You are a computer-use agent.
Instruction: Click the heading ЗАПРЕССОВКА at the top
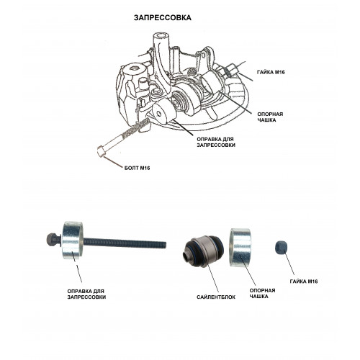tap(163, 18)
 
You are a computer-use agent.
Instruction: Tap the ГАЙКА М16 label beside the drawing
tap(271, 72)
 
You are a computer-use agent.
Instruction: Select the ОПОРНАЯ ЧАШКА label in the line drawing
tap(270, 117)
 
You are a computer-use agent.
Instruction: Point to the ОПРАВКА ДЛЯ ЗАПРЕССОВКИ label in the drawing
tap(216, 142)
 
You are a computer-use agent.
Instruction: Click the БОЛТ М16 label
tap(137, 168)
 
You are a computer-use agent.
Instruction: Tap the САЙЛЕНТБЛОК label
tap(216, 297)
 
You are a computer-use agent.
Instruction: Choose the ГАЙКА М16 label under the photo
tap(304, 282)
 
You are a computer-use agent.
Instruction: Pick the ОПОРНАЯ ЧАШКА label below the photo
tap(262, 293)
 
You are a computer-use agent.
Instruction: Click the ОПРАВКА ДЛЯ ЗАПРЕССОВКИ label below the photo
tap(86, 294)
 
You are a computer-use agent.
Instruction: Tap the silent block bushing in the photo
tap(204, 251)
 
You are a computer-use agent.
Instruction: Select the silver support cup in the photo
tap(240, 248)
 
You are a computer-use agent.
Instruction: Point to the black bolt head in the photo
tap(53, 240)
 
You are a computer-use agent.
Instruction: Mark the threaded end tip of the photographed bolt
tap(166, 245)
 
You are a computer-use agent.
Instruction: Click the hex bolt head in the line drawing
tap(101, 152)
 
